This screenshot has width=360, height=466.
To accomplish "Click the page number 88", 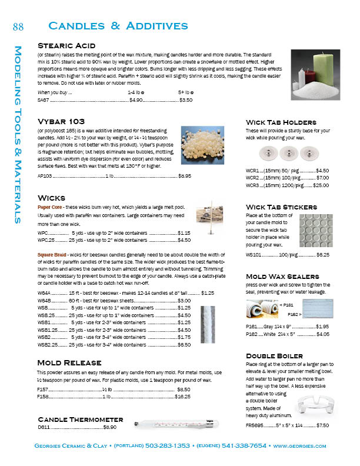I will [x=18, y=26].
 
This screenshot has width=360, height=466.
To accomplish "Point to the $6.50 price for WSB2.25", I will [x=184, y=345].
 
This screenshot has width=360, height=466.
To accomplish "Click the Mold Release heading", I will [x=65, y=362].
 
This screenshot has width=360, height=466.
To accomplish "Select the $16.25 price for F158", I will [x=182, y=397].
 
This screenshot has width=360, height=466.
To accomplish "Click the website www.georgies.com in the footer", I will [x=299, y=447].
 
